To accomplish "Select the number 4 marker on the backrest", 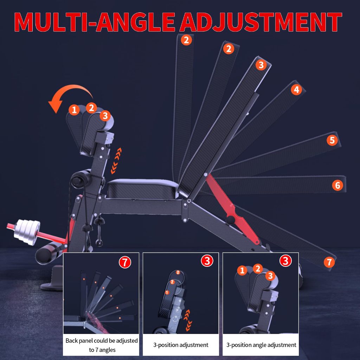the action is click(x=296, y=90).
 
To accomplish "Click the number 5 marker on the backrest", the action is click(x=332, y=140).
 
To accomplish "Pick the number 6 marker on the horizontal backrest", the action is click(x=337, y=185).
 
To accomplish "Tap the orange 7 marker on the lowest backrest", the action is click(x=329, y=262).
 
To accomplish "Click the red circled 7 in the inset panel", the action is click(x=125, y=262).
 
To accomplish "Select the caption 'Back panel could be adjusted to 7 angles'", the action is click(x=102, y=345).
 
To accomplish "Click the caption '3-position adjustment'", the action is click(x=181, y=345).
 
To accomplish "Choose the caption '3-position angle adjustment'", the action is click(x=261, y=345).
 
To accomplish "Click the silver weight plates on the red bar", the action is click(x=27, y=232).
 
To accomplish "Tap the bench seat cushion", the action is click(x=143, y=189).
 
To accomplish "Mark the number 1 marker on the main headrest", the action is click(x=74, y=110).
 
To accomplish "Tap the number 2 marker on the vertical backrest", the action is click(x=186, y=40).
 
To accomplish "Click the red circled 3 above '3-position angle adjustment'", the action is click(x=285, y=261).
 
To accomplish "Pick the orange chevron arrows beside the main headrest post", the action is click(x=116, y=161).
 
